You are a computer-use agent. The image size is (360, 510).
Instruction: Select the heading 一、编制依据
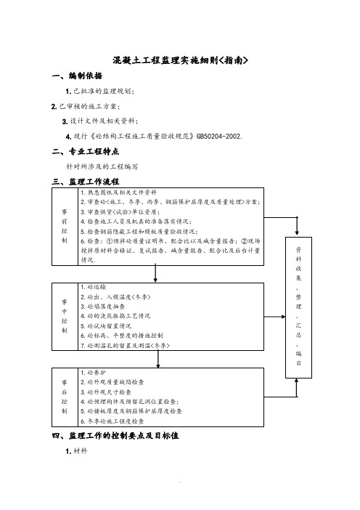tap(77, 76)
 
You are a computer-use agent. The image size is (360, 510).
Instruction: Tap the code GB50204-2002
tap(219, 137)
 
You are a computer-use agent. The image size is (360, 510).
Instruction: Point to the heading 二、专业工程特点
tap(86, 152)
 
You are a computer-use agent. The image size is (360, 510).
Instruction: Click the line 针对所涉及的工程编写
tap(102, 166)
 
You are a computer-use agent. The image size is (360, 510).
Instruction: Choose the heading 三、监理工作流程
tap(86, 182)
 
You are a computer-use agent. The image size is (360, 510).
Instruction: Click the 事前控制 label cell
tap(65, 227)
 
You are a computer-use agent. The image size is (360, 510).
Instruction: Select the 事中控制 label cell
tap(65, 317)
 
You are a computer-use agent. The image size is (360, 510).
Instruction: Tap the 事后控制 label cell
tap(65, 397)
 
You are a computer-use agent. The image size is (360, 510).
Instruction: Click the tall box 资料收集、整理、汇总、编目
tap(298, 307)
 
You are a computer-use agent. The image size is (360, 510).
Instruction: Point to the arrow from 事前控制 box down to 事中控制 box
tap(155, 274)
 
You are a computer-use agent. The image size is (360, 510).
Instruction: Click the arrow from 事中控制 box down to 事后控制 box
tap(158, 359)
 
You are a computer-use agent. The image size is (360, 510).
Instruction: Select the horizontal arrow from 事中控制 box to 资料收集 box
tap(274, 317)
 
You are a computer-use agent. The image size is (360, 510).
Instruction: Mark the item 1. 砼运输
tap(93, 287)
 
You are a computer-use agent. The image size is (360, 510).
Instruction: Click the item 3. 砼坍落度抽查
tap(102, 307)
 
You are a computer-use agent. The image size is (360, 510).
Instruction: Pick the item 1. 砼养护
tap(93, 373)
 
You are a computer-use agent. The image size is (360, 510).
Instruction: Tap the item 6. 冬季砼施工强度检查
tap(112, 421)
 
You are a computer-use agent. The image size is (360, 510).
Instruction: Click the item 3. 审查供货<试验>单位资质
tap(120, 212)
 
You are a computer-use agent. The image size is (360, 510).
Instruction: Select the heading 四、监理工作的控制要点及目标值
tap(115, 435)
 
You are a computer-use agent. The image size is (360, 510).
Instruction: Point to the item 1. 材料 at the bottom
tap(76, 451)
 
